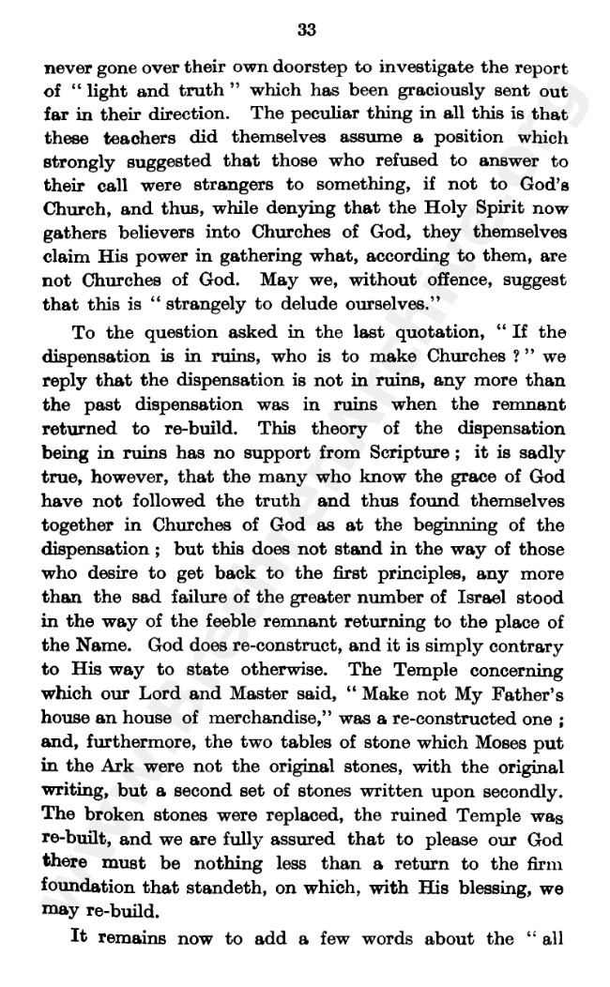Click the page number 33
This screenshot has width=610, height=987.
[x=306, y=29]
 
